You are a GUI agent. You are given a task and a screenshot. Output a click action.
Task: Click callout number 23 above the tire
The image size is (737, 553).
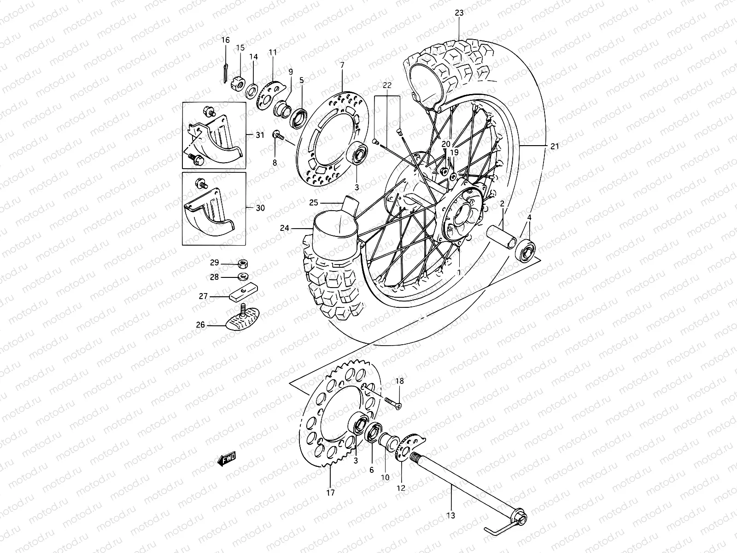tap(459, 13)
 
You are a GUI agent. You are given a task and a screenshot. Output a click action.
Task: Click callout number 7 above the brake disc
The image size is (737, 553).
tap(342, 65)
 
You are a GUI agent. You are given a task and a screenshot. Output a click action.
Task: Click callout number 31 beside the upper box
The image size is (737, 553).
tap(260, 135)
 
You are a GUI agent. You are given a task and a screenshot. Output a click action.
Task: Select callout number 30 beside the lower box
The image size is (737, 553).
tap(260, 208)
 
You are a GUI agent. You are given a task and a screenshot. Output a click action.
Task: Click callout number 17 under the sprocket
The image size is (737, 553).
tap(330, 493)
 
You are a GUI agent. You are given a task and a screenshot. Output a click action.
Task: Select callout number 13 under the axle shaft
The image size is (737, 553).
tap(450, 515)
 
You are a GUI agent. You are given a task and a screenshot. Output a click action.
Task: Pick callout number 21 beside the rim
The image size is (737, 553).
tap(554, 146)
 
